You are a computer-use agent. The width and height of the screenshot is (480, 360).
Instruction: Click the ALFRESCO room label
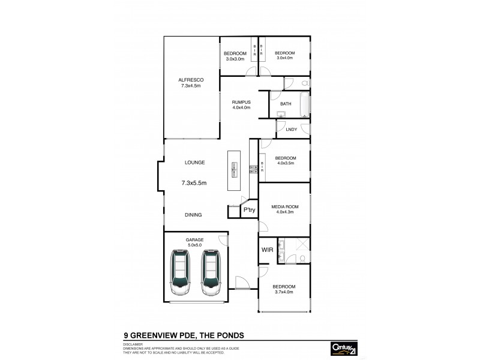(x=191, y=80)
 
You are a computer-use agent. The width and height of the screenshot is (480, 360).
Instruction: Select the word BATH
(x=286, y=104)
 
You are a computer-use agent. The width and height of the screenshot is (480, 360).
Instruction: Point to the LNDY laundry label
(x=292, y=129)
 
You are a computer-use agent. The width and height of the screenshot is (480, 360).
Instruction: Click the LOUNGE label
(x=195, y=162)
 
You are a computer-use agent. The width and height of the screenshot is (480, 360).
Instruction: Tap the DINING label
(x=193, y=214)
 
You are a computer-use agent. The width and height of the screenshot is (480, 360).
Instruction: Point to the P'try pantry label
(x=249, y=211)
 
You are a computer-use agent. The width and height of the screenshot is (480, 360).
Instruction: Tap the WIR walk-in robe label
(x=267, y=250)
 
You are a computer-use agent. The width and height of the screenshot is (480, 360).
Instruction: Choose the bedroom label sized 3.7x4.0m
(x=284, y=286)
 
